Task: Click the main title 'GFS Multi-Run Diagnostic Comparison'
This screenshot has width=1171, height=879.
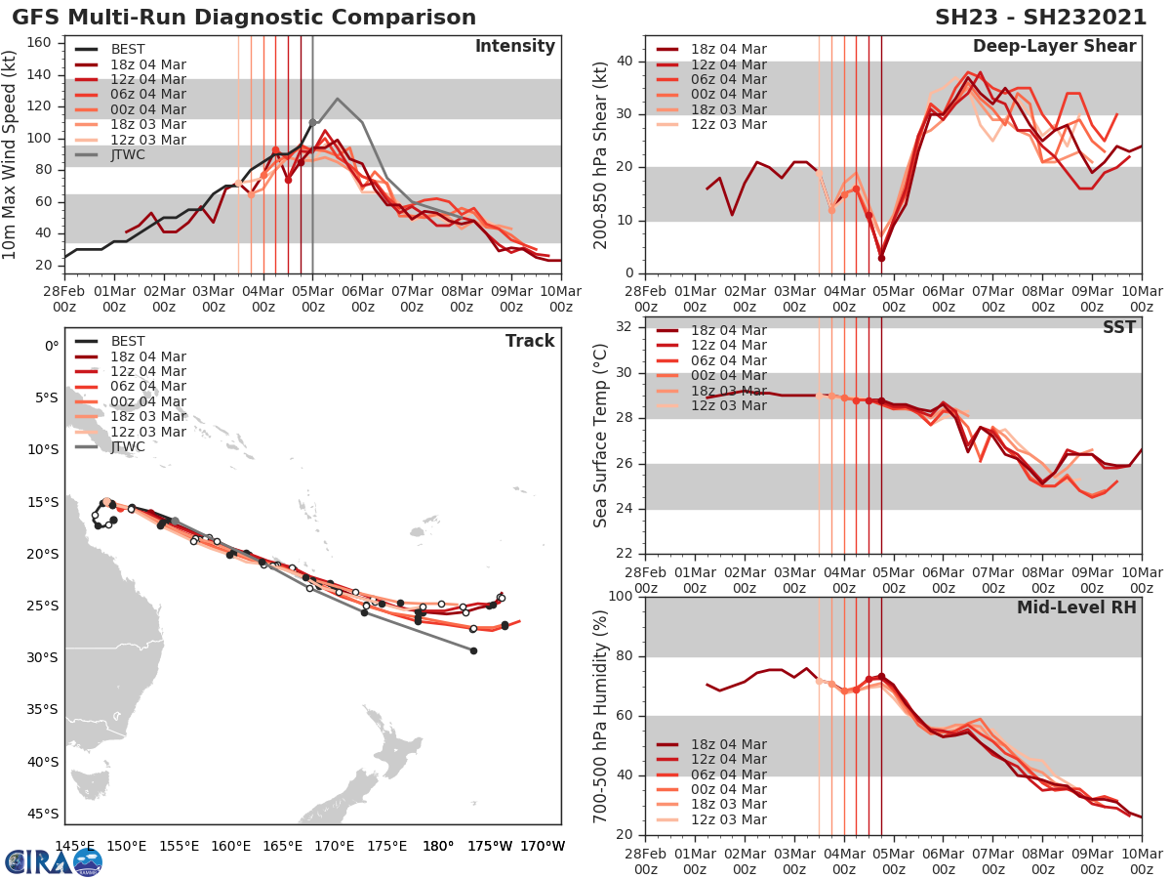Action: [244, 18]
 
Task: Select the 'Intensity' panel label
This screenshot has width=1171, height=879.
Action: [514, 47]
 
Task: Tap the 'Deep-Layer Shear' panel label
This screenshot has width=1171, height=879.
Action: [1054, 47]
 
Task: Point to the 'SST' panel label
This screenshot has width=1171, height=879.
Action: [1119, 327]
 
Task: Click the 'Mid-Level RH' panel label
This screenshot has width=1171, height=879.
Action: [1076, 607]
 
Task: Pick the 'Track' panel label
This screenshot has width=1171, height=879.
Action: [530, 341]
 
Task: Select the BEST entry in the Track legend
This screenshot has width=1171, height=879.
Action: [128, 341]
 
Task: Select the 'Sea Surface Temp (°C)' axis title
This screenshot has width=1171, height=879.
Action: [601, 435]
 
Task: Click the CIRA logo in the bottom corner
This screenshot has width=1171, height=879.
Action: [54, 861]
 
